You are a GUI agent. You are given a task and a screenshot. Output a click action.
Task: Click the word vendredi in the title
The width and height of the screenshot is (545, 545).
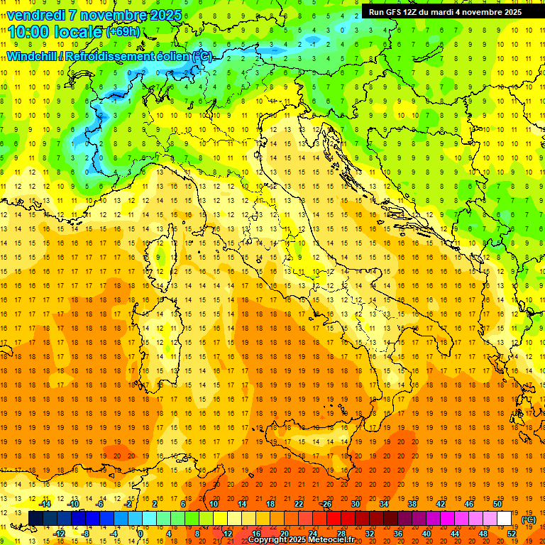35,15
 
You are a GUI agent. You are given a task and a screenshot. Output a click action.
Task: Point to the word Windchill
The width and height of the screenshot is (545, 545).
33,56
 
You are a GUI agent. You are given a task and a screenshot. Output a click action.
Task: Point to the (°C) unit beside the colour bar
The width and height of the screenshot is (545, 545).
528,519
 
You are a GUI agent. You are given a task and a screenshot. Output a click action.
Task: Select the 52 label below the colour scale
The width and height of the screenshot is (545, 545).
511,533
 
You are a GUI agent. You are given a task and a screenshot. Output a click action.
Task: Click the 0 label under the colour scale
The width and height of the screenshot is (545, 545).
141,533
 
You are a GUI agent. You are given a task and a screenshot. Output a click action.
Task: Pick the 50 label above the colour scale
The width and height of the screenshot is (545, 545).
497,504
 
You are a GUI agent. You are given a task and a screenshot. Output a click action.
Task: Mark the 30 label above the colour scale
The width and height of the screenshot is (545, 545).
355,504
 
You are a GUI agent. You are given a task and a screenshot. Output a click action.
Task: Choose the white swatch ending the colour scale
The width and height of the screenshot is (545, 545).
504,519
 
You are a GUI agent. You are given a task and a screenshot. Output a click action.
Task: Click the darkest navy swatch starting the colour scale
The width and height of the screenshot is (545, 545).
36,519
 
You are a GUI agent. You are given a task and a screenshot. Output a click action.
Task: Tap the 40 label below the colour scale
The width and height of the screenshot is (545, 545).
426,533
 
